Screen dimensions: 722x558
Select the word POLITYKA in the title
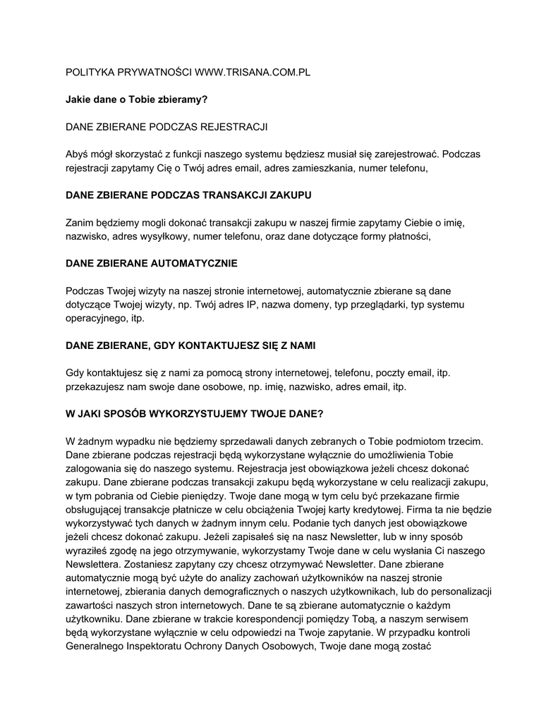point(90,73)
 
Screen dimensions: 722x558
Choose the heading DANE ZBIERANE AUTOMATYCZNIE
point(152,263)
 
